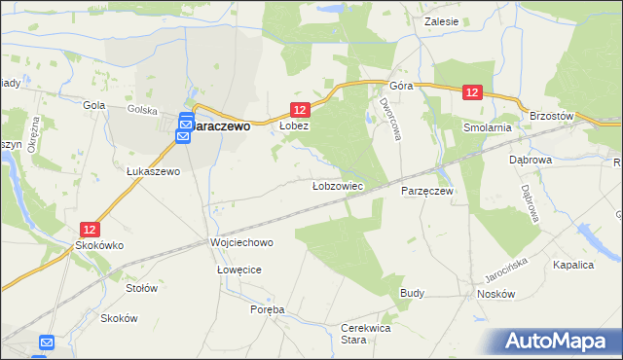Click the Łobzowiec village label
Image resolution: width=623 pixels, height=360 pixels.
pos(337,185)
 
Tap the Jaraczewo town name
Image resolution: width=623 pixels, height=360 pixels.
pos(223,126)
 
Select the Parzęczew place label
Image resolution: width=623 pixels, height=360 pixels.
pos(427,191)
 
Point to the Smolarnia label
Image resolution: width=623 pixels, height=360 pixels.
pos(488,127)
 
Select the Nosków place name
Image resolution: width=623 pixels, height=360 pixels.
pos(494,293)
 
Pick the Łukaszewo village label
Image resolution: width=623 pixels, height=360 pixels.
pos(154,171)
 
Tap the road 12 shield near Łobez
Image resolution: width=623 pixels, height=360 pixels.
pos(300,111)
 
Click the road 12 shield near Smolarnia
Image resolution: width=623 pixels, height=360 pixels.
pos(472,92)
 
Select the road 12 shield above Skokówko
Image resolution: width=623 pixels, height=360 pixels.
pos(90,230)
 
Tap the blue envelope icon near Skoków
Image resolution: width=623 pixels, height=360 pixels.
pos(47,342)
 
